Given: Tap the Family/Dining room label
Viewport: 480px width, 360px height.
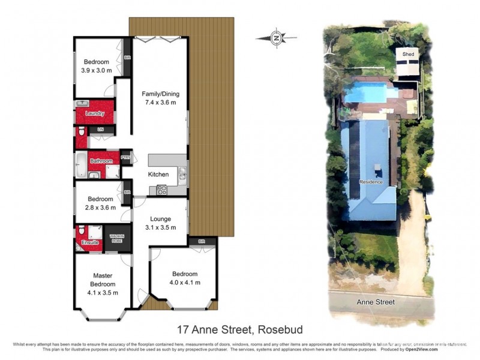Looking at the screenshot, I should coord(160,94).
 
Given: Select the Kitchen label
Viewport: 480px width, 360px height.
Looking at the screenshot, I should coord(159,175).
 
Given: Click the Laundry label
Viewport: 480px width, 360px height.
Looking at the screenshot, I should coord(95,113).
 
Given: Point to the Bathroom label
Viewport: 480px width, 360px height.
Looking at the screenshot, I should coord(101,161).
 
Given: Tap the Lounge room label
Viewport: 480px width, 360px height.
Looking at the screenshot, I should coord(161,219).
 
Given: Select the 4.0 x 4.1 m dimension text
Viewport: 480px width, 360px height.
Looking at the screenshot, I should coord(184,282).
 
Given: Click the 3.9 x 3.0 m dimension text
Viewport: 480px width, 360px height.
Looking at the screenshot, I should coord(96,70).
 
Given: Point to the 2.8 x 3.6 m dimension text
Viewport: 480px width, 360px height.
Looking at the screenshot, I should coord(100,208).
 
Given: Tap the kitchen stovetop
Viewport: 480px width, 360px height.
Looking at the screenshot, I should coord(161,190).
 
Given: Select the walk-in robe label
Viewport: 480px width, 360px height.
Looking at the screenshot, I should coord(116,238).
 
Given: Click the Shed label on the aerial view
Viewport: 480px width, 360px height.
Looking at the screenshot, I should coord(408,55).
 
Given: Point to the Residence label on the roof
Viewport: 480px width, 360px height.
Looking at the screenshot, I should coord(370,182).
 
